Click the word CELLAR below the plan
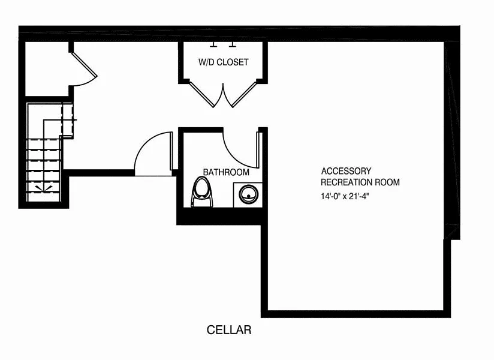(x=228, y=330)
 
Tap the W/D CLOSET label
(x=223, y=62)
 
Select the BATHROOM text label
(x=226, y=172)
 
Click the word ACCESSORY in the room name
(x=346, y=171)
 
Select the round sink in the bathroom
(x=248, y=194)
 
